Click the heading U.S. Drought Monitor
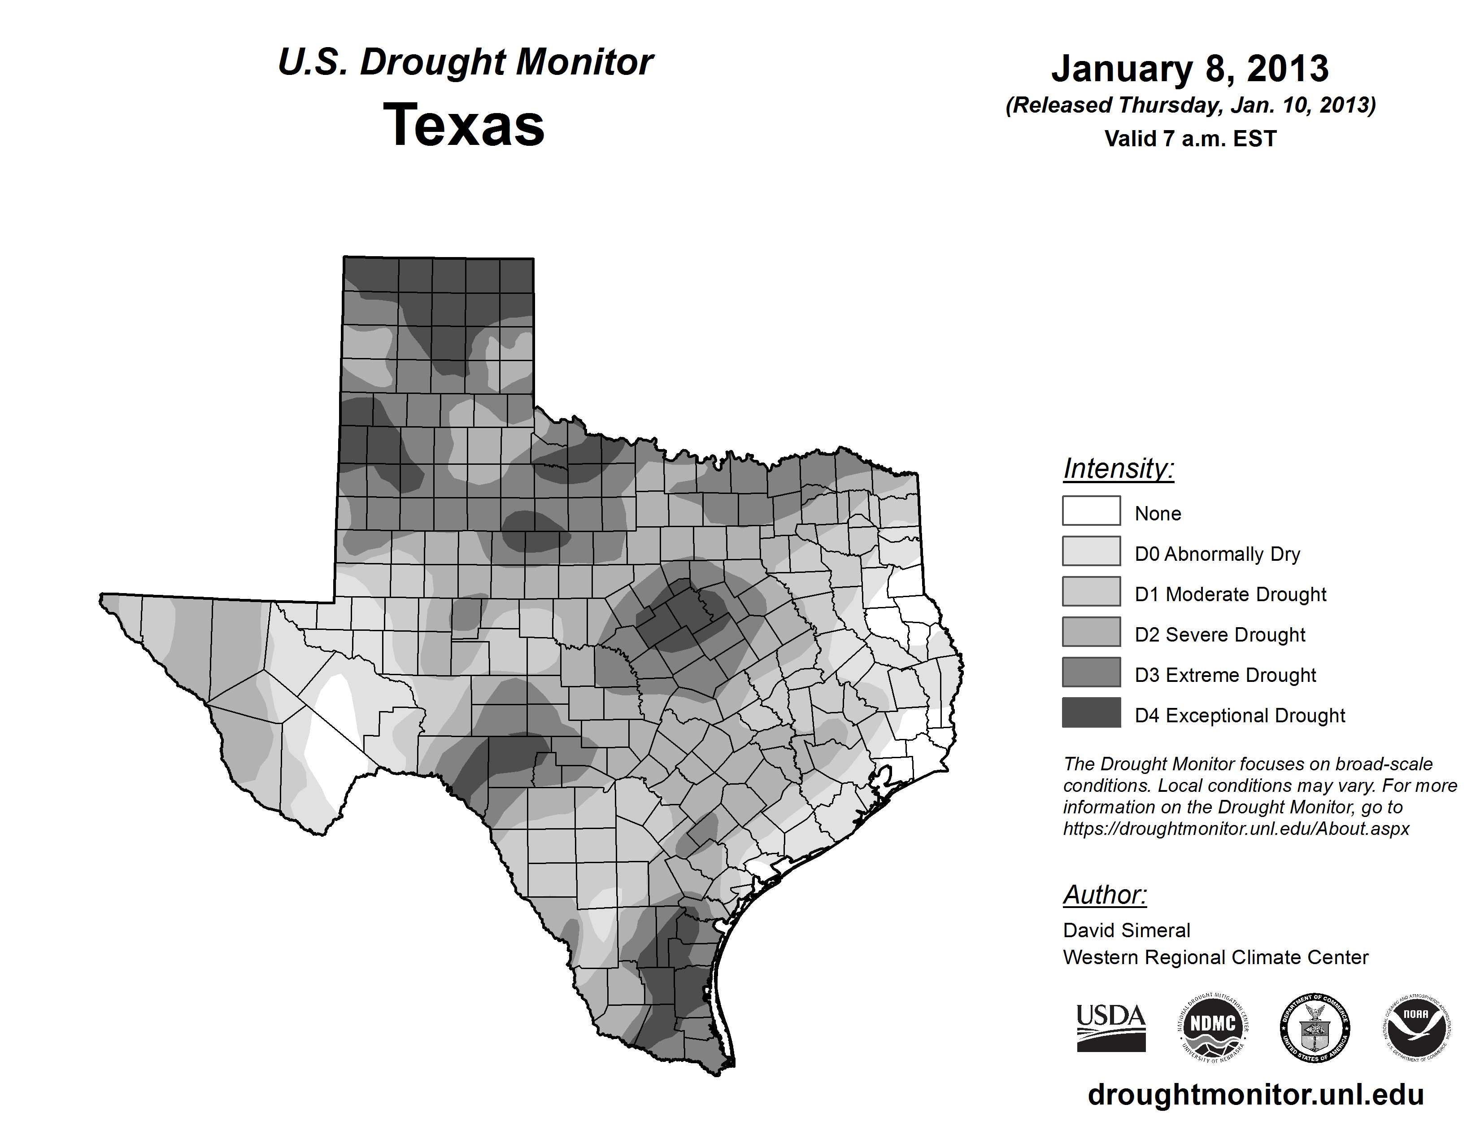[x=465, y=62]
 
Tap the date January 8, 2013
[x=1190, y=69]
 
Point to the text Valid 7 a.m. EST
[x=1190, y=139]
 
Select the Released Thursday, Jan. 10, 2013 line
[x=1190, y=106]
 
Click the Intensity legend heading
[x=1118, y=468]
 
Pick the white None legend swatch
[x=1091, y=511]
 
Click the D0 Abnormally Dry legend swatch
[x=1091, y=551]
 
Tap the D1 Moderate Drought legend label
[x=1230, y=594]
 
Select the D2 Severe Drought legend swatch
[x=1091, y=632]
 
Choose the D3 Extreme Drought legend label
[x=1225, y=675]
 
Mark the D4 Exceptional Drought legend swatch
[x=1091, y=712]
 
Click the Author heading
[x=1105, y=895]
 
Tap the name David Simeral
[x=1126, y=930]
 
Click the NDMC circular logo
[x=1213, y=1027]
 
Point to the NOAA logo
[x=1416, y=1027]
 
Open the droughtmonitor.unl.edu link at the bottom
[x=1256, y=1095]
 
